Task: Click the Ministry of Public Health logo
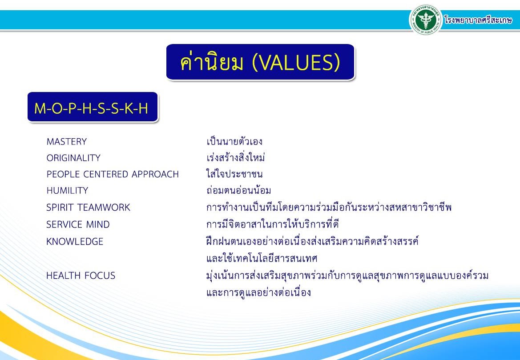click(x=426, y=20)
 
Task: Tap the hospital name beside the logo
click(x=478, y=20)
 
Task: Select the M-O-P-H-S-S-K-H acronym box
click(x=93, y=107)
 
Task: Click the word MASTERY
click(x=67, y=141)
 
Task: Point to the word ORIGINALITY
click(x=73, y=158)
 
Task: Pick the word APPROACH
click(x=155, y=174)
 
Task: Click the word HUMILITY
click(x=67, y=191)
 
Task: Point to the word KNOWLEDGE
click(x=75, y=241)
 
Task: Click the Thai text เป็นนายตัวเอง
click(x=234, y=141)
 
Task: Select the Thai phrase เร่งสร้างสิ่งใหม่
click(x=235, y=157)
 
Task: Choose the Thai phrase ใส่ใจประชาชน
click(x=234, y=173)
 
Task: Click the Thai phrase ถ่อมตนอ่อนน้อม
click(x=238, y=190)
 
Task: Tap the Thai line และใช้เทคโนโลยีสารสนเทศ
click(x=262, y=258)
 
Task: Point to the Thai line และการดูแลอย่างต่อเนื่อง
click(x=258, y=292)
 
